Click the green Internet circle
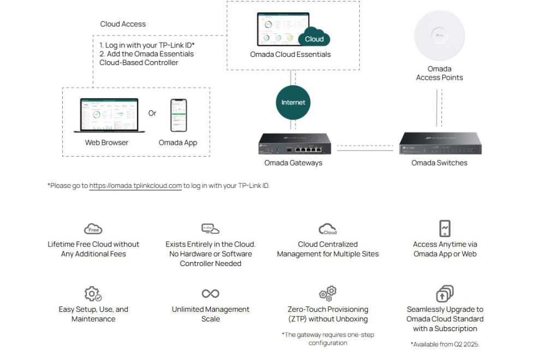[293, 102]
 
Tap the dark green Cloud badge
[314, 39]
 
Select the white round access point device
[439, 36]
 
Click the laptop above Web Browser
[106, 115]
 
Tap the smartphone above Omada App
[178, 115]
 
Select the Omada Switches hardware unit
[440, 144]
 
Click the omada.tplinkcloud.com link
[135, 186]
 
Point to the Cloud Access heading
[123, 24]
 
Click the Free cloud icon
[93, 229]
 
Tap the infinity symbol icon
[210, 294]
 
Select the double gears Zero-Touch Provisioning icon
[328, 293]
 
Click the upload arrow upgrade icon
[444, 294]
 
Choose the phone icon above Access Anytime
[445, 228]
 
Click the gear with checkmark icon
[93, 294]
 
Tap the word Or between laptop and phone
[152, 113]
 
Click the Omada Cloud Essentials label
[290, 55]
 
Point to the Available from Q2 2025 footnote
[444, 344]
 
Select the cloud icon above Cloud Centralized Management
[328, 229]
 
